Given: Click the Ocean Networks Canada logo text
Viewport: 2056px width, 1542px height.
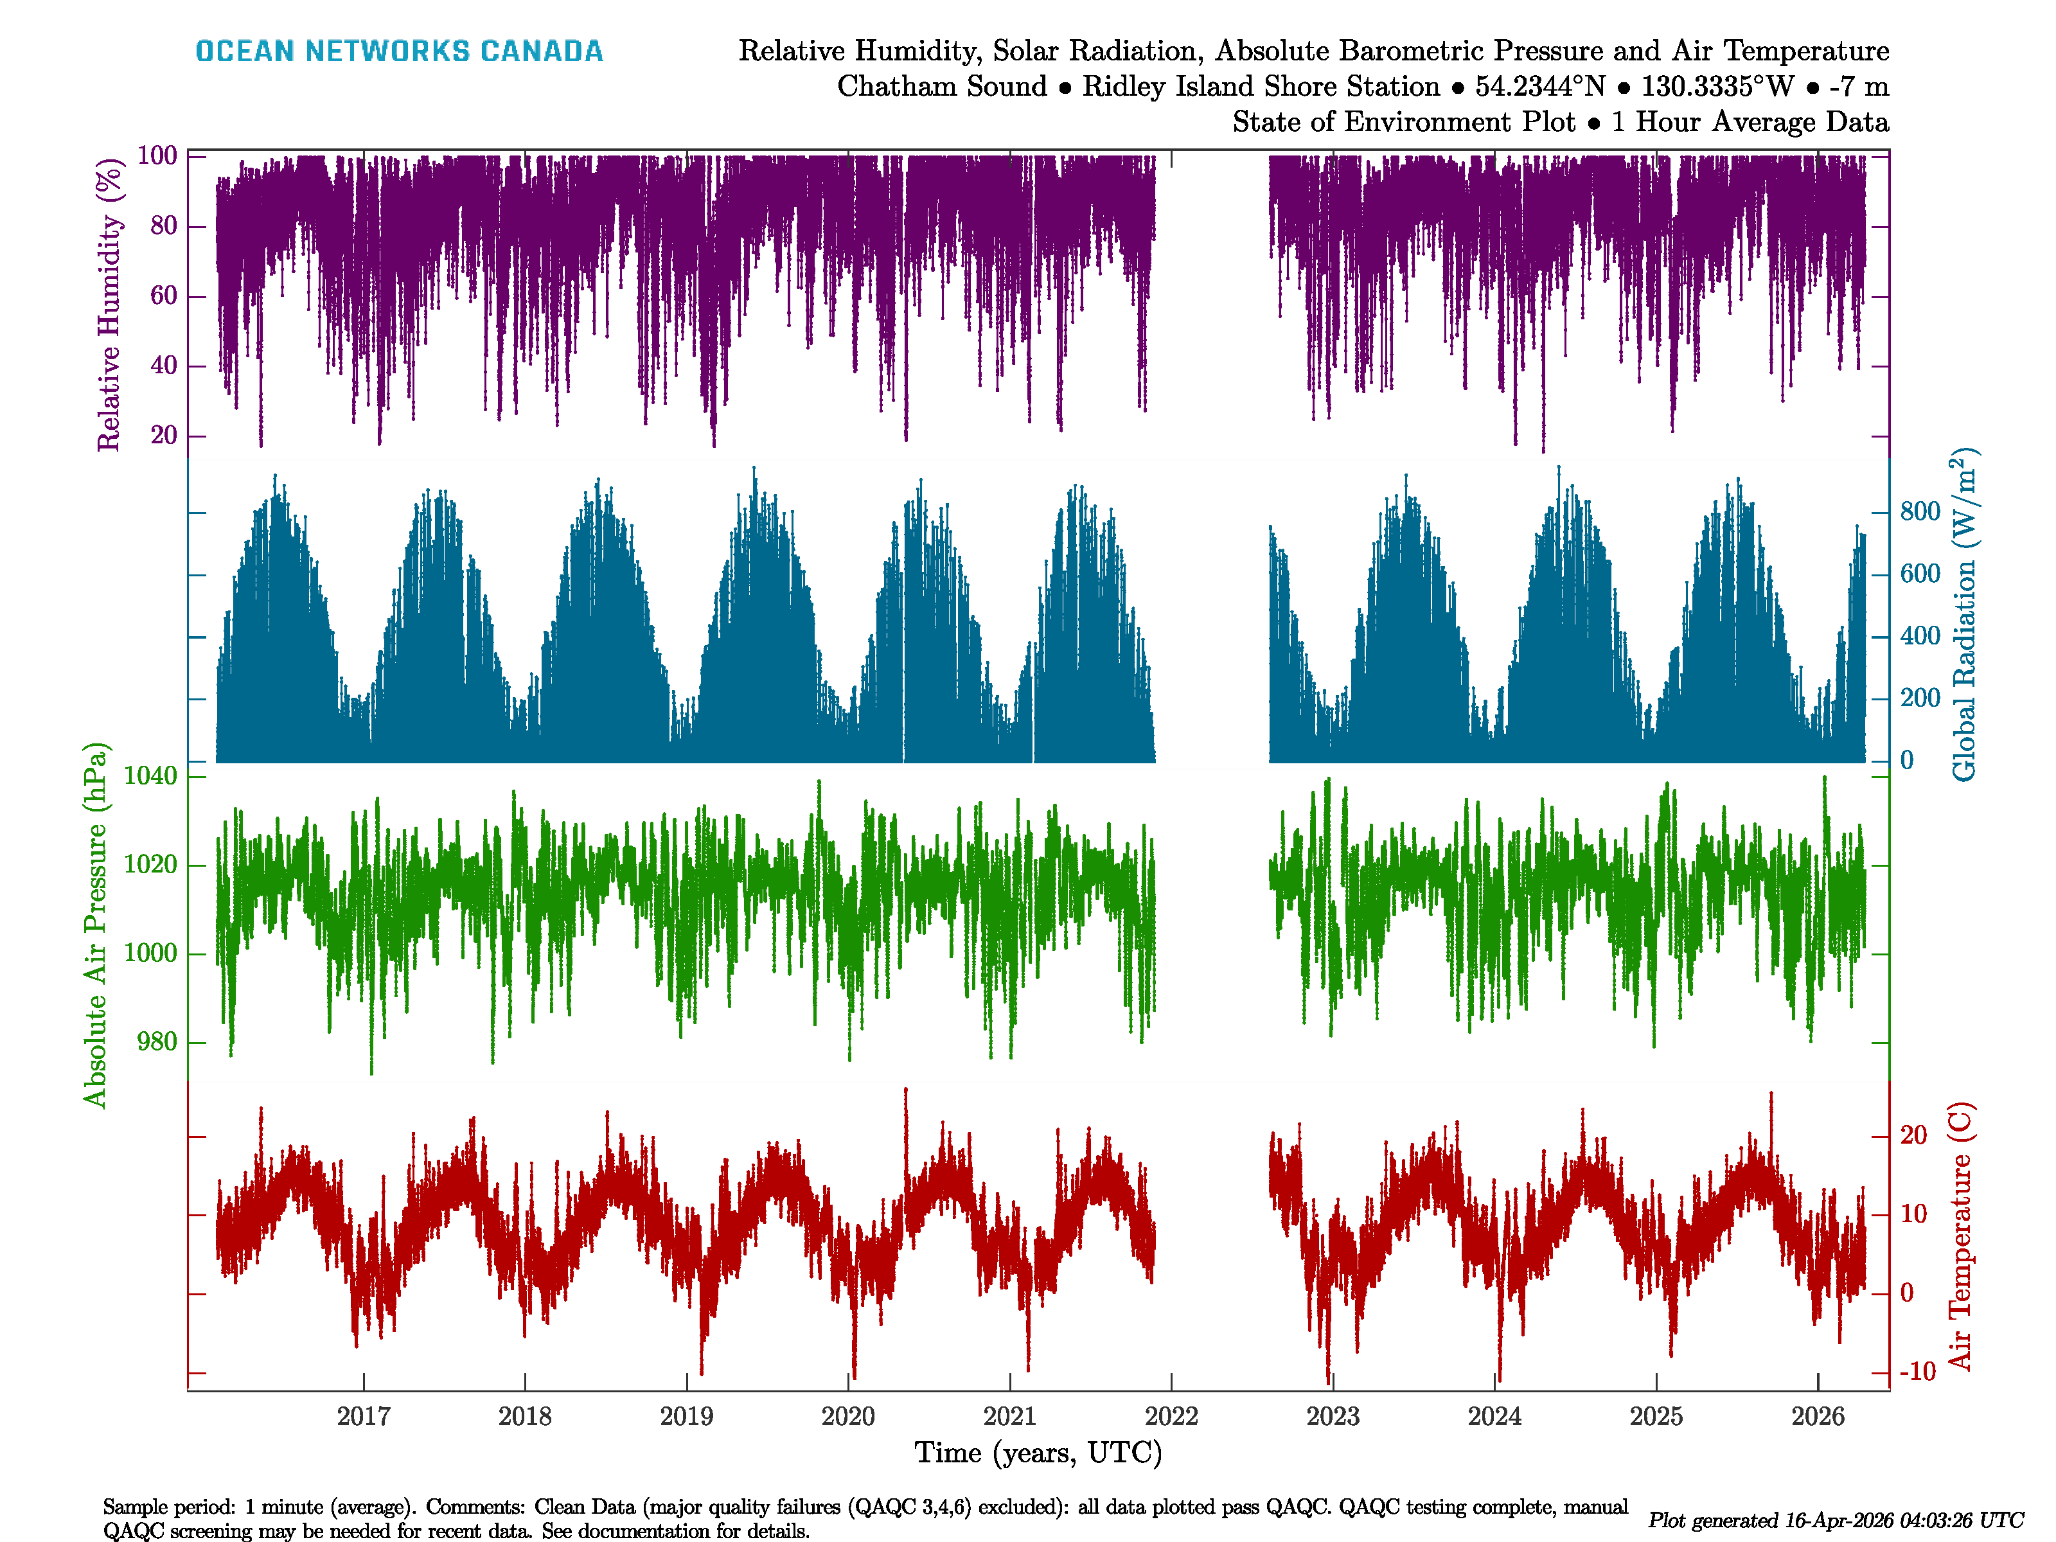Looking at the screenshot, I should (x=399, y=51).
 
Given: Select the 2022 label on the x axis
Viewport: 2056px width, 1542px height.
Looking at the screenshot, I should (x=1171, y=1417).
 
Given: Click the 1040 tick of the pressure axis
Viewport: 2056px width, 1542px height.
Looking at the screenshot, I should (x=150, y=776).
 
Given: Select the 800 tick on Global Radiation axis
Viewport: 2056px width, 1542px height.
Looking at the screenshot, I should (x=1919, y=511).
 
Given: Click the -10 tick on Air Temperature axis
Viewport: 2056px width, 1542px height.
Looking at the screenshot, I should (x=1917, y=1372).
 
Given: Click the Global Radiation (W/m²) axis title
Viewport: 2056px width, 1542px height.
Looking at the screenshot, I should (x=1962, y=616).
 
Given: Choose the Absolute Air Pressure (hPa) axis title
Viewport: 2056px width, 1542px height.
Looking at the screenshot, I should (x=95, y=925).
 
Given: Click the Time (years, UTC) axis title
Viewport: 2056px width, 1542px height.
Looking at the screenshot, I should (x=1038, y=1453).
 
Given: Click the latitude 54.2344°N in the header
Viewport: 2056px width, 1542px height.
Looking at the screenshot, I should (x=1540, y=87).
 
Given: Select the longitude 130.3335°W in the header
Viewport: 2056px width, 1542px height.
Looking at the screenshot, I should (x=1717, y=87).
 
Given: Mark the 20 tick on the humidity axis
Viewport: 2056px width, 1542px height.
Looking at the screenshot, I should (x=164, y=435).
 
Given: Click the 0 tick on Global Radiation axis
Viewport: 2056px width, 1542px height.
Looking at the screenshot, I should (x=1906, y=760).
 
